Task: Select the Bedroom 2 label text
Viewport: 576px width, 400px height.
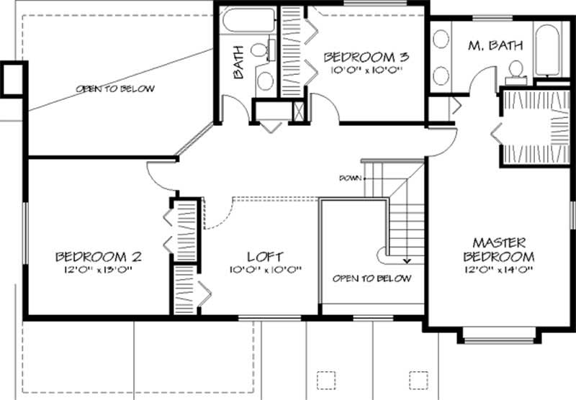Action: pyautogui.click(x=98, y=256)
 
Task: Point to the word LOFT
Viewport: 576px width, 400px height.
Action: pyautogui.click(x=264, y=256)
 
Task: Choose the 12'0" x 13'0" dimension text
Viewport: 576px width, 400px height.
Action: pyautogui.click(x=98, y=270)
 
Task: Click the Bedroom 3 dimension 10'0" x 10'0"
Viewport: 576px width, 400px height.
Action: pyautogui.click(x=366, y=71)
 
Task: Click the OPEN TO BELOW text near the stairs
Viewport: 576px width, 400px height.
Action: pyautogui.click(x=372, y=278)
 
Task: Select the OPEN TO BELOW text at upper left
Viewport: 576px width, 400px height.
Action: pyautogui.click(x=115, y=89)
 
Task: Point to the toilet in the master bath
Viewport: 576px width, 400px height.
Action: pyautogui.click(x=515, y=69)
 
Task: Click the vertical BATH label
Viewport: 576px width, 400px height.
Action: pyautogui.click(x=238, y=62)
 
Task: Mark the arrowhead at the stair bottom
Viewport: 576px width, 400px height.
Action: pyautogui.click(x=407, y=261)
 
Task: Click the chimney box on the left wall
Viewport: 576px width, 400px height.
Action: pyautogui.click(x=13, y=78)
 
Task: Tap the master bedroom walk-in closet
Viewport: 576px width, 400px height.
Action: pyautogui.click(x=536, y=126)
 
